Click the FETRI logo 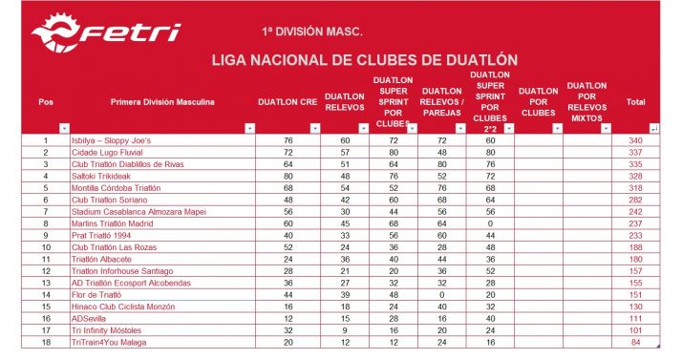(x=105, y=34)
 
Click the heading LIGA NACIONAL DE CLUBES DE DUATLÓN (x=363, y=60)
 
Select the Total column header (x=635, y=102)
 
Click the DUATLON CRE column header (x=288, y=102)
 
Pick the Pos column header (x=46, y=102)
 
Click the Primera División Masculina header (x=162, y=102)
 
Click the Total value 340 (x=635, y=141)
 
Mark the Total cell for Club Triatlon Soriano (x=635, y=200)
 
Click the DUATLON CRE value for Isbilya (x=288, y=141)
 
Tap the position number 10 (x=45, y=247)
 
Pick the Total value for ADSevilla (x=635, y=318)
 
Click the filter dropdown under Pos (x=63, y=127)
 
